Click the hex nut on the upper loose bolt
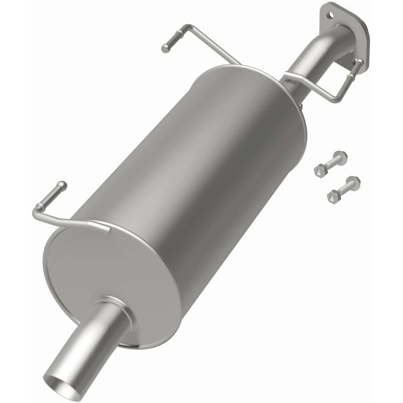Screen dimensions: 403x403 (319, 171)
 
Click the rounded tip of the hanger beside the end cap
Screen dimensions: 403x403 (61, 184)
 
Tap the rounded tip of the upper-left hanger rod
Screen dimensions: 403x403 (165, 49)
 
